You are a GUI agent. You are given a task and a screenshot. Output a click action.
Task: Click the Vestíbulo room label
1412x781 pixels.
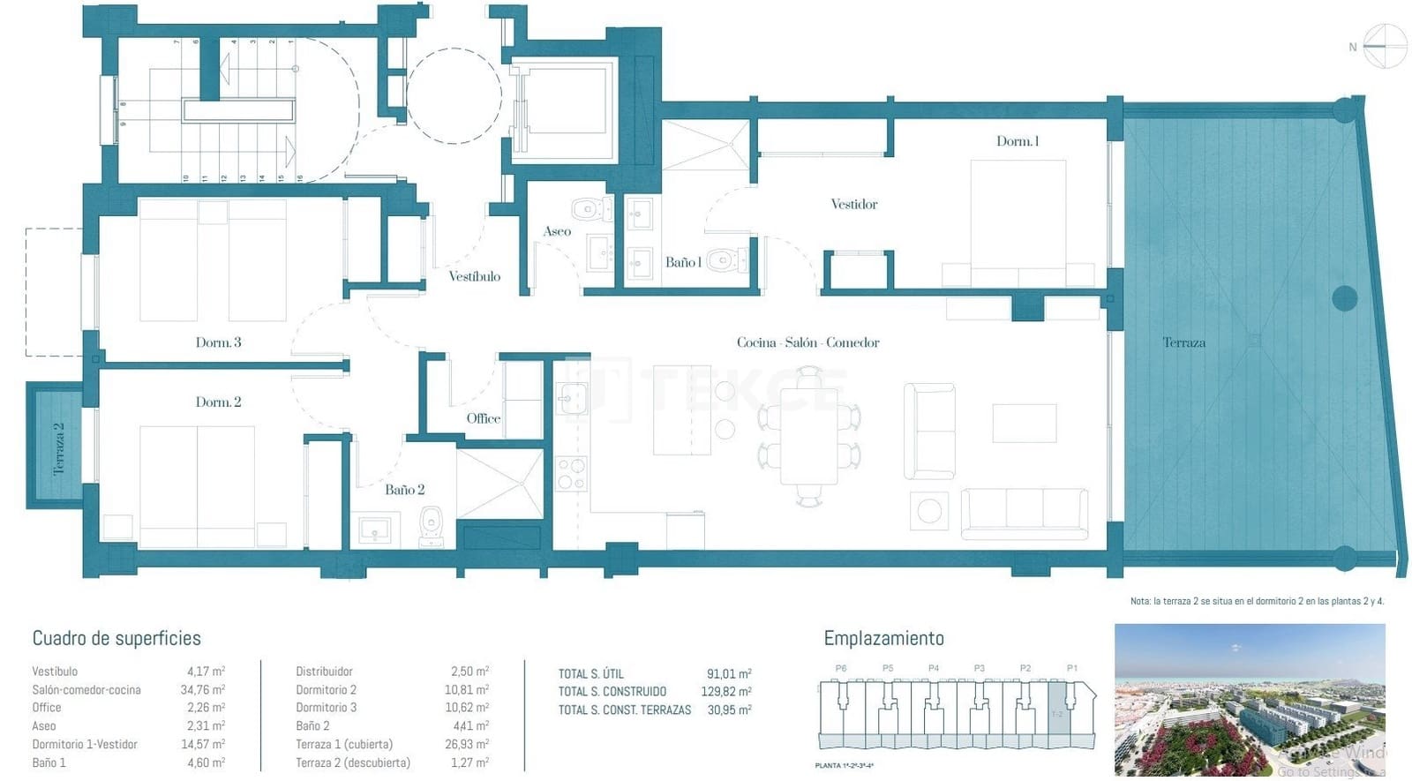tap(474, 276)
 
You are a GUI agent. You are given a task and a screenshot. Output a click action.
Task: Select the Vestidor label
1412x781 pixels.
tap(853, 204)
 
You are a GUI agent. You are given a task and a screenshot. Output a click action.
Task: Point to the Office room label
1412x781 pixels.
tap(483, 418)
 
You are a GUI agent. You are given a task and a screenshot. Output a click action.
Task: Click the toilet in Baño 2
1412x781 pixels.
tap(432, 524)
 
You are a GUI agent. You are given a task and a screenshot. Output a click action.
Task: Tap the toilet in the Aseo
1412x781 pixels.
tap(587, 210)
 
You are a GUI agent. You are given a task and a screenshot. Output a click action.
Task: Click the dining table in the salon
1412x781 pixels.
tap(808, 438)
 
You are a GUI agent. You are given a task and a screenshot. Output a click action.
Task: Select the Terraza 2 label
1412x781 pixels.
tap(58, 448)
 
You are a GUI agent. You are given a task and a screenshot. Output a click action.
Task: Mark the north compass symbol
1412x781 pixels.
tap(1384, 47)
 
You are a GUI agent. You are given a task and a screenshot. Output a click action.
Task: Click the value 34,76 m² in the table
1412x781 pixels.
tap(202, 690)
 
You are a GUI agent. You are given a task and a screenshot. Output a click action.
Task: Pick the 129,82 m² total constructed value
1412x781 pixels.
tap(725, 692)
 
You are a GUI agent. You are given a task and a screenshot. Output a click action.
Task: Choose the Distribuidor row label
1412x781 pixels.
tap(324, 672)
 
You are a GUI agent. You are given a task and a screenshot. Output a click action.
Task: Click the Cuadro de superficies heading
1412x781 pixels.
tap(116, 638)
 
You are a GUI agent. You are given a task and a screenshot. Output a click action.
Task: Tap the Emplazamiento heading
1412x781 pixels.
tap(883, 638)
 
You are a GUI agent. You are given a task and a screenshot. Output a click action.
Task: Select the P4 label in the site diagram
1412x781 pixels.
tap(933, 669)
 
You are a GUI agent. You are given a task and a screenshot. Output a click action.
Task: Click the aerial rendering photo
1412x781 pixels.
tap(1249, 699)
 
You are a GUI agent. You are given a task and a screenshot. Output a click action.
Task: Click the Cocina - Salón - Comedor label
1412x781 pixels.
tap(807, 342)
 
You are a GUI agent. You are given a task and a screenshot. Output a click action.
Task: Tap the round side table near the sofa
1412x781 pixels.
tap(928, 510)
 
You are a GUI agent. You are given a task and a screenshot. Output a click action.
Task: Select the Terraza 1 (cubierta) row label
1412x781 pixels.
tap(344, 745)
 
